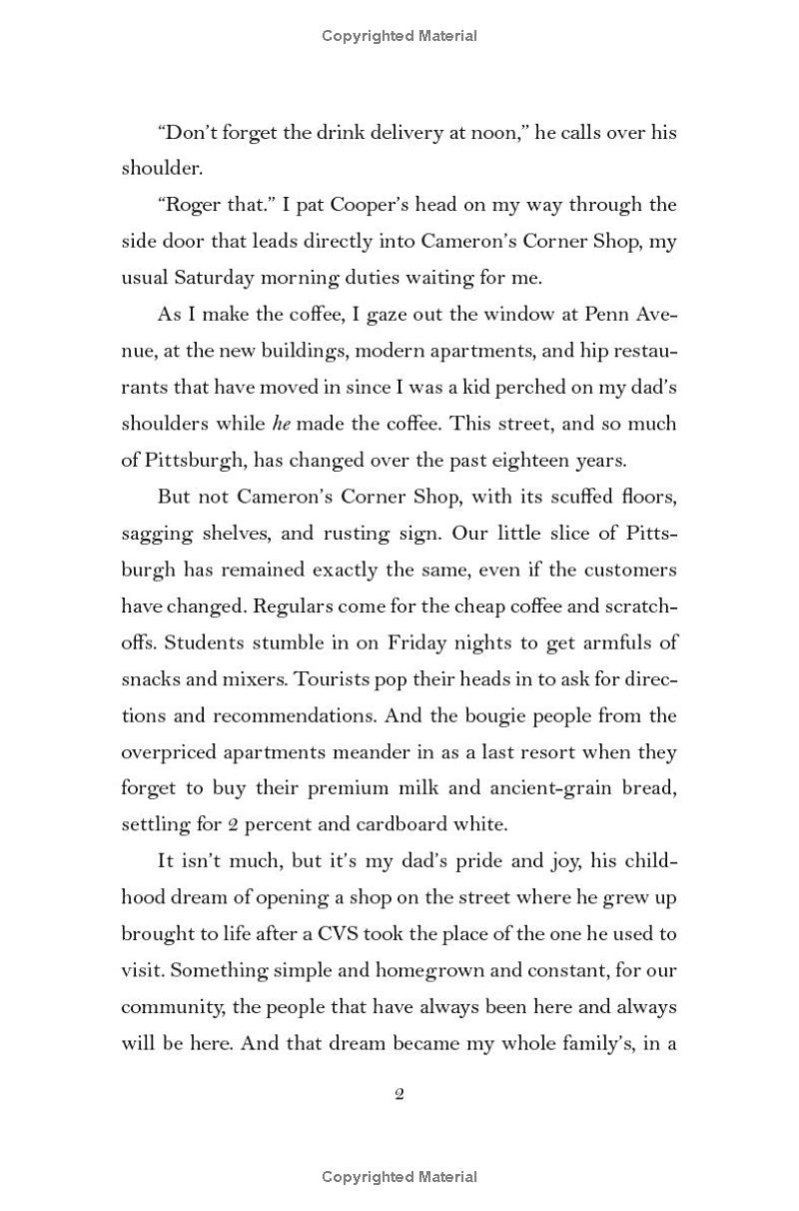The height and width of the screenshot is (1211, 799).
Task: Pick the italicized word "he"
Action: click(x=283, y=424)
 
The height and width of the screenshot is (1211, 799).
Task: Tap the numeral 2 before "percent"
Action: click(x=206, y=825)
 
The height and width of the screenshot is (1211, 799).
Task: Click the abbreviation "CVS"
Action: click(x=346, y=934)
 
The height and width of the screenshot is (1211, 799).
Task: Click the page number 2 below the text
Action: click(x=399, y=1094)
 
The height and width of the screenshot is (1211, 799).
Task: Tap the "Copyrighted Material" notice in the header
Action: click(x=399, y=36)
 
